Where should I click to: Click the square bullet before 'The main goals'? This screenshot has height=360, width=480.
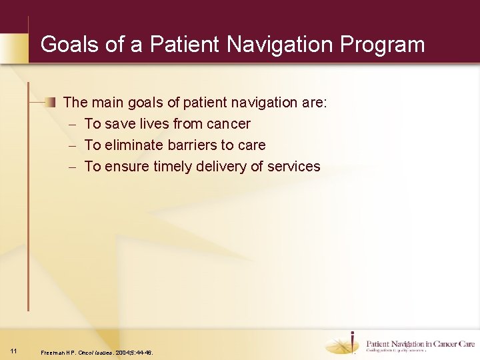coord(51,102)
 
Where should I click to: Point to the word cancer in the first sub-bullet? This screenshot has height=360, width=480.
coord(229,124)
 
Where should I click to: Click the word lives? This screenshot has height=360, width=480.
coord(153,124)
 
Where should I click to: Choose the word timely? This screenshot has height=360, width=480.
coord(177,167)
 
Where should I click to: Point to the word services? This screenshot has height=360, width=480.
coord(293,167)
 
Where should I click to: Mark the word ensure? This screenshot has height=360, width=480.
coord(127,167)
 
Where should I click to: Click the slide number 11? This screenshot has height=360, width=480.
coord(14,351)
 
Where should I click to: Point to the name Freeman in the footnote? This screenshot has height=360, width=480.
coord(53,352)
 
